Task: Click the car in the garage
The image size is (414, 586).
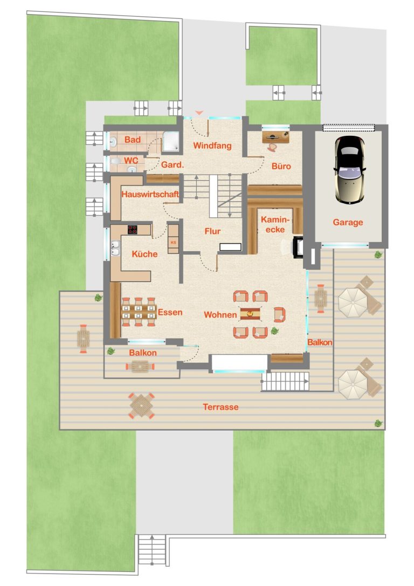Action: click(350, 169)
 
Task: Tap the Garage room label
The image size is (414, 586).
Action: click(348, 222)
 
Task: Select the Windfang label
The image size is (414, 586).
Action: click(212, 146)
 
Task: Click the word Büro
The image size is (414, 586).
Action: click(281, 166)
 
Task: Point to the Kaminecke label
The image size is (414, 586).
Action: click(275, 224)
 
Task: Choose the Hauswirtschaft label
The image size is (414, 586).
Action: click(150, 194)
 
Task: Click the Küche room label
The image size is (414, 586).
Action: click(144, 254)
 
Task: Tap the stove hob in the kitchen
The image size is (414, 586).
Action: click(133, 229)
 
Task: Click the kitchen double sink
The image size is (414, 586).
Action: click(115, 248)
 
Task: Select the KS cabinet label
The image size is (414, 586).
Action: click(173, 242)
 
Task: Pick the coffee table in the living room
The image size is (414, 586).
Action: click(250, 314)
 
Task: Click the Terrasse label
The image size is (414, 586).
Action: click(220, 406)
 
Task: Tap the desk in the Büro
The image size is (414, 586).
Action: click(276, 136)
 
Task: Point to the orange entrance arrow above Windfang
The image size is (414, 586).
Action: click(199, 113)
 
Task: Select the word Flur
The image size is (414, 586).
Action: click(212, 231)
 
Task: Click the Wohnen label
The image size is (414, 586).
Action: click(220, 315)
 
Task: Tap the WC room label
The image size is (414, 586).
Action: click(131, 160)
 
